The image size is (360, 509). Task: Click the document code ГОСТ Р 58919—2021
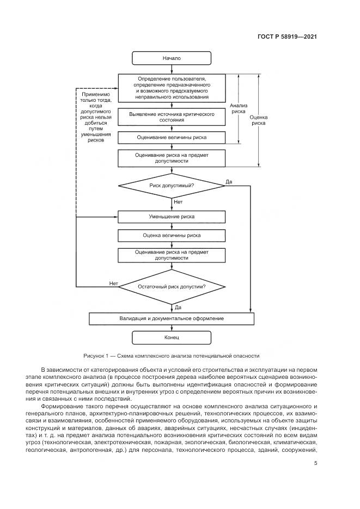tap(286, 37)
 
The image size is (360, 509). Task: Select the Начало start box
tap(172, 58)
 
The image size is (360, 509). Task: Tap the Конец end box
tap(172, 338)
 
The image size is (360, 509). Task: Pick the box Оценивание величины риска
tap(172, 137)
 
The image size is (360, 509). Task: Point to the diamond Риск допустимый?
tap(172, 186)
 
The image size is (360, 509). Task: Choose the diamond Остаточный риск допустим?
tap(172, 286)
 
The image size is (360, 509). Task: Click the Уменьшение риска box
tap(172, 217)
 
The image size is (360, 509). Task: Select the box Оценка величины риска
tap(172, 236)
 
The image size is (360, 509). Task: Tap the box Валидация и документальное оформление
tap(172, 318)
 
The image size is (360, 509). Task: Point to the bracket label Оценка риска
tap(258, 120)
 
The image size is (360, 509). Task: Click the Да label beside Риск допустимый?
tap(229, 181)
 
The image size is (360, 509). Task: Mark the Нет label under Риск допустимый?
tap(178, 202)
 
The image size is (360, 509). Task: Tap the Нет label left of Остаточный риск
tap(113, 283)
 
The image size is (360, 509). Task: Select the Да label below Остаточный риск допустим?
tap(178, 307)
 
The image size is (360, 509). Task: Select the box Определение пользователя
tap(172, 88)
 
